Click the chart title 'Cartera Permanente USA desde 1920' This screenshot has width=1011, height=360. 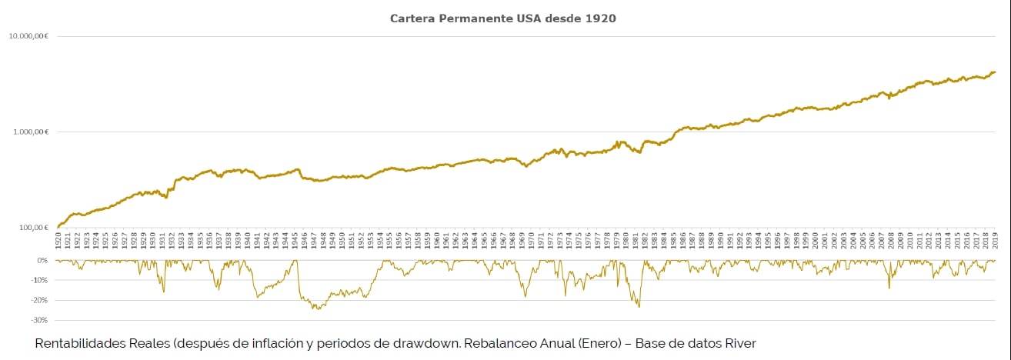[502, 18]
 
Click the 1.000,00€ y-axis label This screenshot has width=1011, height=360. [32, 132]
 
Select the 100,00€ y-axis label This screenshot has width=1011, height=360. [34, 227]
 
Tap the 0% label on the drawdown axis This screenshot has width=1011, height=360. [42, 260]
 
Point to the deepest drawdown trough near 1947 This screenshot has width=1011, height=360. [316, 309]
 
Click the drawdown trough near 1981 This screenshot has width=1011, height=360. [639, 307]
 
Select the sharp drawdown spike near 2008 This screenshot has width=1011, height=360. [889, 288]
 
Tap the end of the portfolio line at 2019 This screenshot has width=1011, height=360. [995, 72]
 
